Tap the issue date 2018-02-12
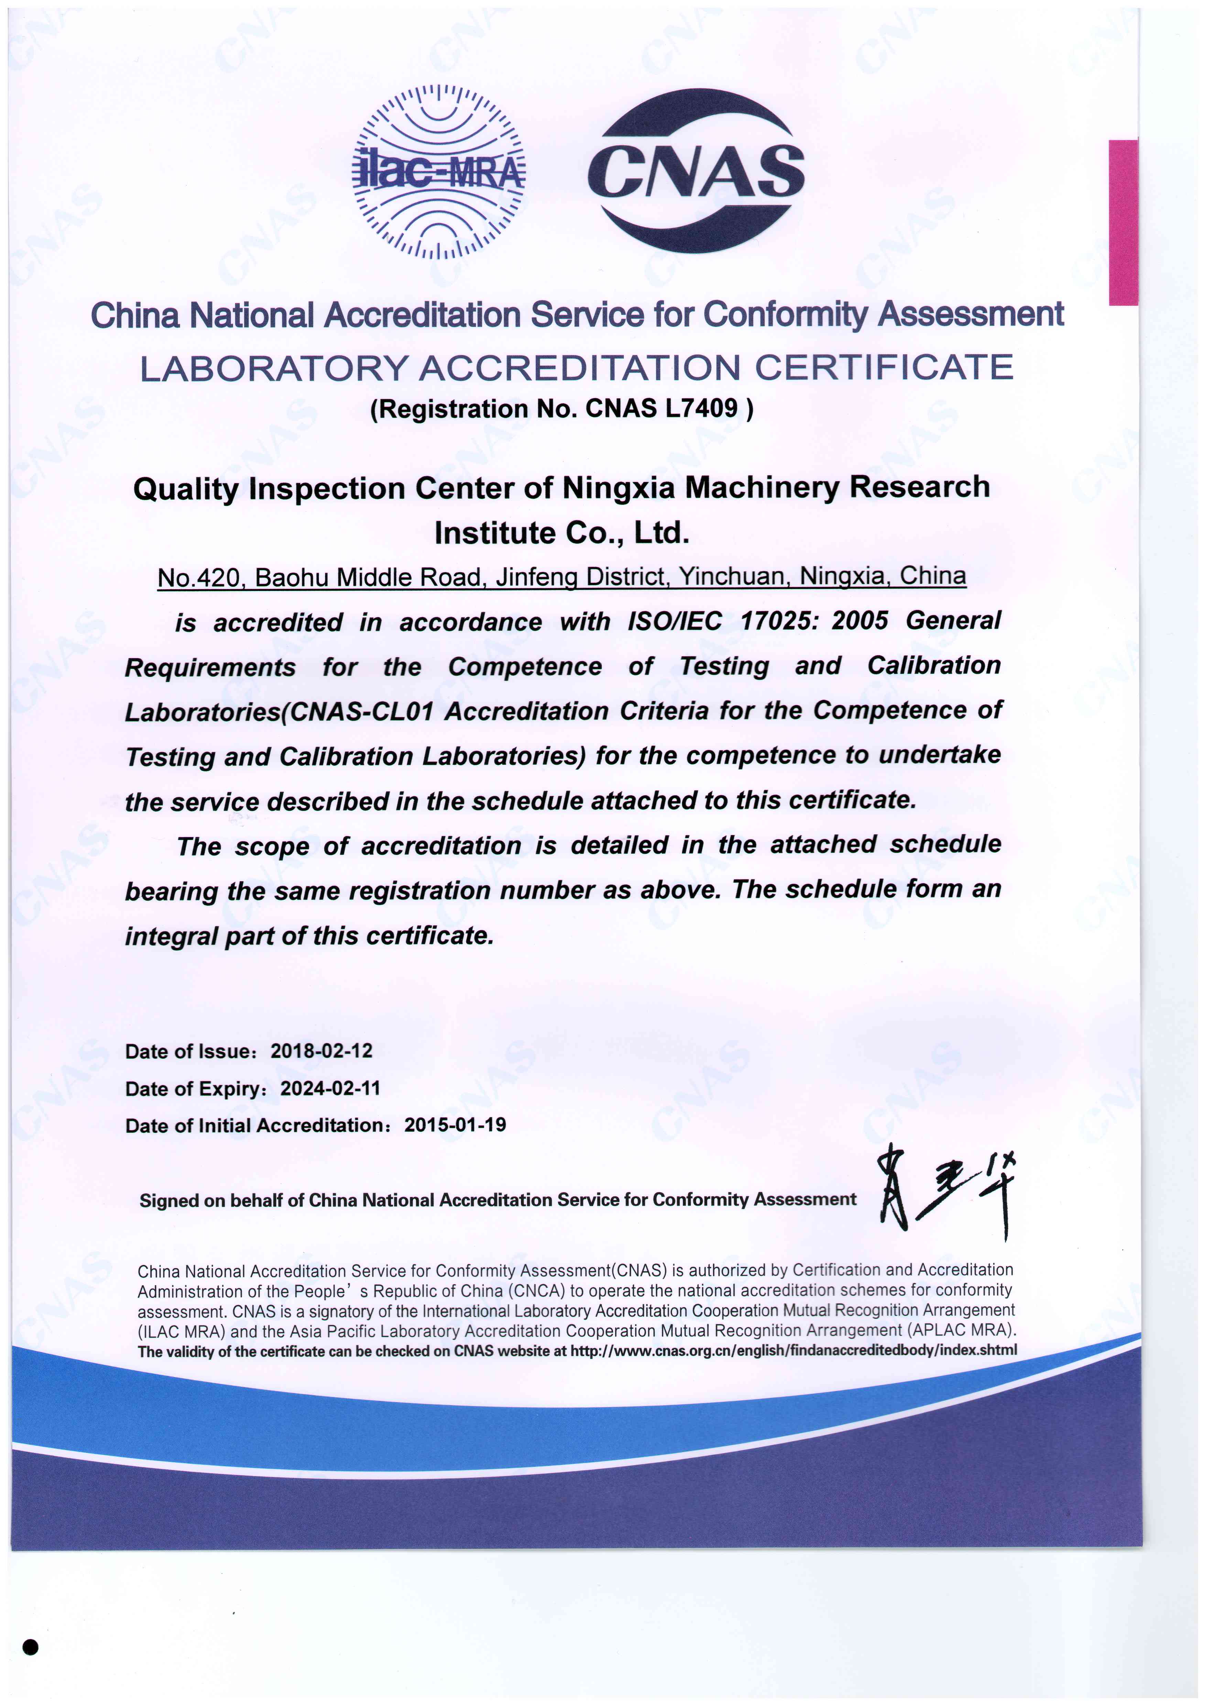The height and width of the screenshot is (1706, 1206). (321, 1051)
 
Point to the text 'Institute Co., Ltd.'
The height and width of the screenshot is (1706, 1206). (562, 533)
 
